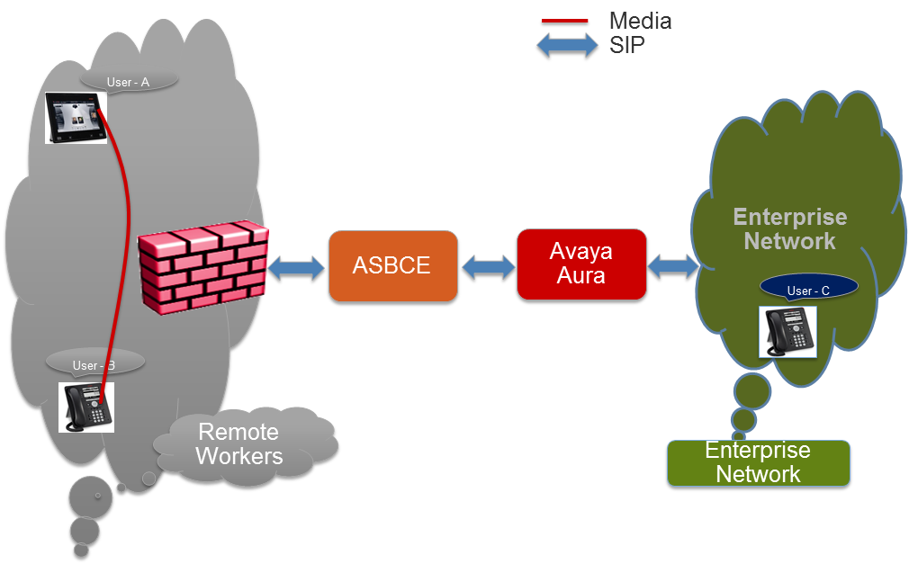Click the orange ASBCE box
click(x=393, y=265)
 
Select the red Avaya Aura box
click(x=581, y=264)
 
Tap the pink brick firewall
click(x=202, y=267)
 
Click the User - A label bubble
click(x=128, y=81)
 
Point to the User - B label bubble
click(x=94, y=364)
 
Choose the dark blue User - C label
click(x=808, y=288)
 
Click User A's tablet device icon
click(x=76, y=118)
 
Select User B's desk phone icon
click(x=86, y=407)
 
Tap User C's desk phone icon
click(x=787, y=332)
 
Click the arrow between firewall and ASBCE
click(x=297, y=268)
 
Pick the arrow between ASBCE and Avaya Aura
click(x=488, y=266)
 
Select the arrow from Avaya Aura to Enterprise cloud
click(x=673, y=266)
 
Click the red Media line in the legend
click(x=564, y=21)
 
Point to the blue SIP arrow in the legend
click(x=567, y=45)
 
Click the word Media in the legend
click(x=640, y=21)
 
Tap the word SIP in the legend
click(x=626, y=45)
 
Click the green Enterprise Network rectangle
click(x=759, y=462)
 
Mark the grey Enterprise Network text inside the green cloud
click(x=789, y=229)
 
